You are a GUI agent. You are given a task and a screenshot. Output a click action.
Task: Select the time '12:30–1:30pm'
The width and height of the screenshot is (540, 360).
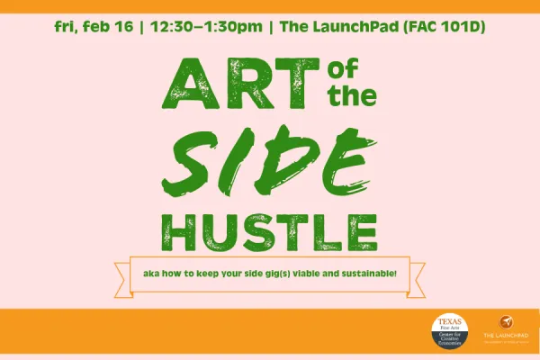click(203, 25)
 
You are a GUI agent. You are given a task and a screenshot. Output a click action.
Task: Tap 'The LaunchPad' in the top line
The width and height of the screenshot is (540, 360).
click(330, 25)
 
